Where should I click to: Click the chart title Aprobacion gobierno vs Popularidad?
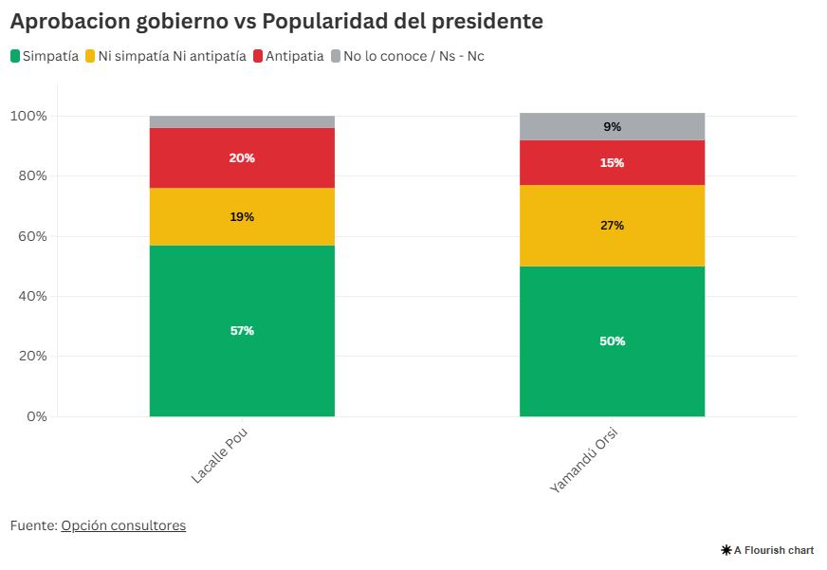pyautogui.click(x=276, y=21)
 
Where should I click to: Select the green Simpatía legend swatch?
pyautogui.click(x=16, y=57)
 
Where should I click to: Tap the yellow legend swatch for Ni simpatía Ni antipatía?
pyautogui.click(x=91, y=57)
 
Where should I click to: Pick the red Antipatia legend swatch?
pyautogui.click(x=258, y=57)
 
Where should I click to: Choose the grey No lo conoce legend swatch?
pyautogui.click(x=336, y=57)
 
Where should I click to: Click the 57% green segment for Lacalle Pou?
pyautogui.click(x=242, y=330)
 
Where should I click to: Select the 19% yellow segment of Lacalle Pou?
pyautogui.click(x=242, y=216)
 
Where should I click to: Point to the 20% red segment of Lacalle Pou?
pyautogui.click(x=242, y=158)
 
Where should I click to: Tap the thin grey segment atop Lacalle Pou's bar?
pyautogui.click(x=242, y=121)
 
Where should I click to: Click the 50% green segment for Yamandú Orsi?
pyautogui.click(x=612, y=340)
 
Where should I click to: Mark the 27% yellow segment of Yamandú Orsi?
pyautogui.click(x=612, y=226)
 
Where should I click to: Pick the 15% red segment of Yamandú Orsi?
pyautogui.click(x=612, y=162)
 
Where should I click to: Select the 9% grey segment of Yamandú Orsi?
pyautogui.click(x=612, y=126)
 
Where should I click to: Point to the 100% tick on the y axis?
pyautogui.click(x=28, y=116)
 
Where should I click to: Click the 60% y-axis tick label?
pyautogui.click(x=31, y=236)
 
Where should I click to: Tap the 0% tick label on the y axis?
pyautogui.click(x=36, y=416)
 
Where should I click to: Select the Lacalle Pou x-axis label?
pyautogui.click(x=219, y=455)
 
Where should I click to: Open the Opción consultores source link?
pyautogui.click(x=123, y=525)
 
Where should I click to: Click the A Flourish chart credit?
pyautogui.click(x=767, y=550)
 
